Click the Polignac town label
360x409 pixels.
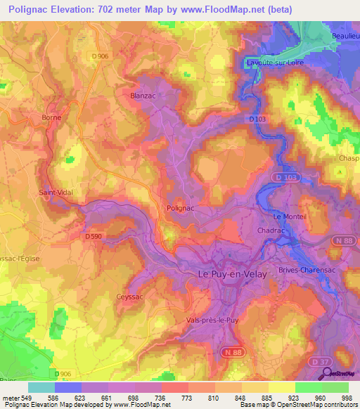pyautogui.click(x=181, y=208)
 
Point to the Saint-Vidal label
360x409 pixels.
pyautogui.click(x=56, y=192)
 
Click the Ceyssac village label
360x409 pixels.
pyautogui.click(x=129, y=297)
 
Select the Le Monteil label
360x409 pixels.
pyautogui.click(x=291, y=216)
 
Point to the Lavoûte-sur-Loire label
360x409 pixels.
pyautogui.click(x=275, y=63)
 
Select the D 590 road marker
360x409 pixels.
pyautogui.click(x=94, y=237)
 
